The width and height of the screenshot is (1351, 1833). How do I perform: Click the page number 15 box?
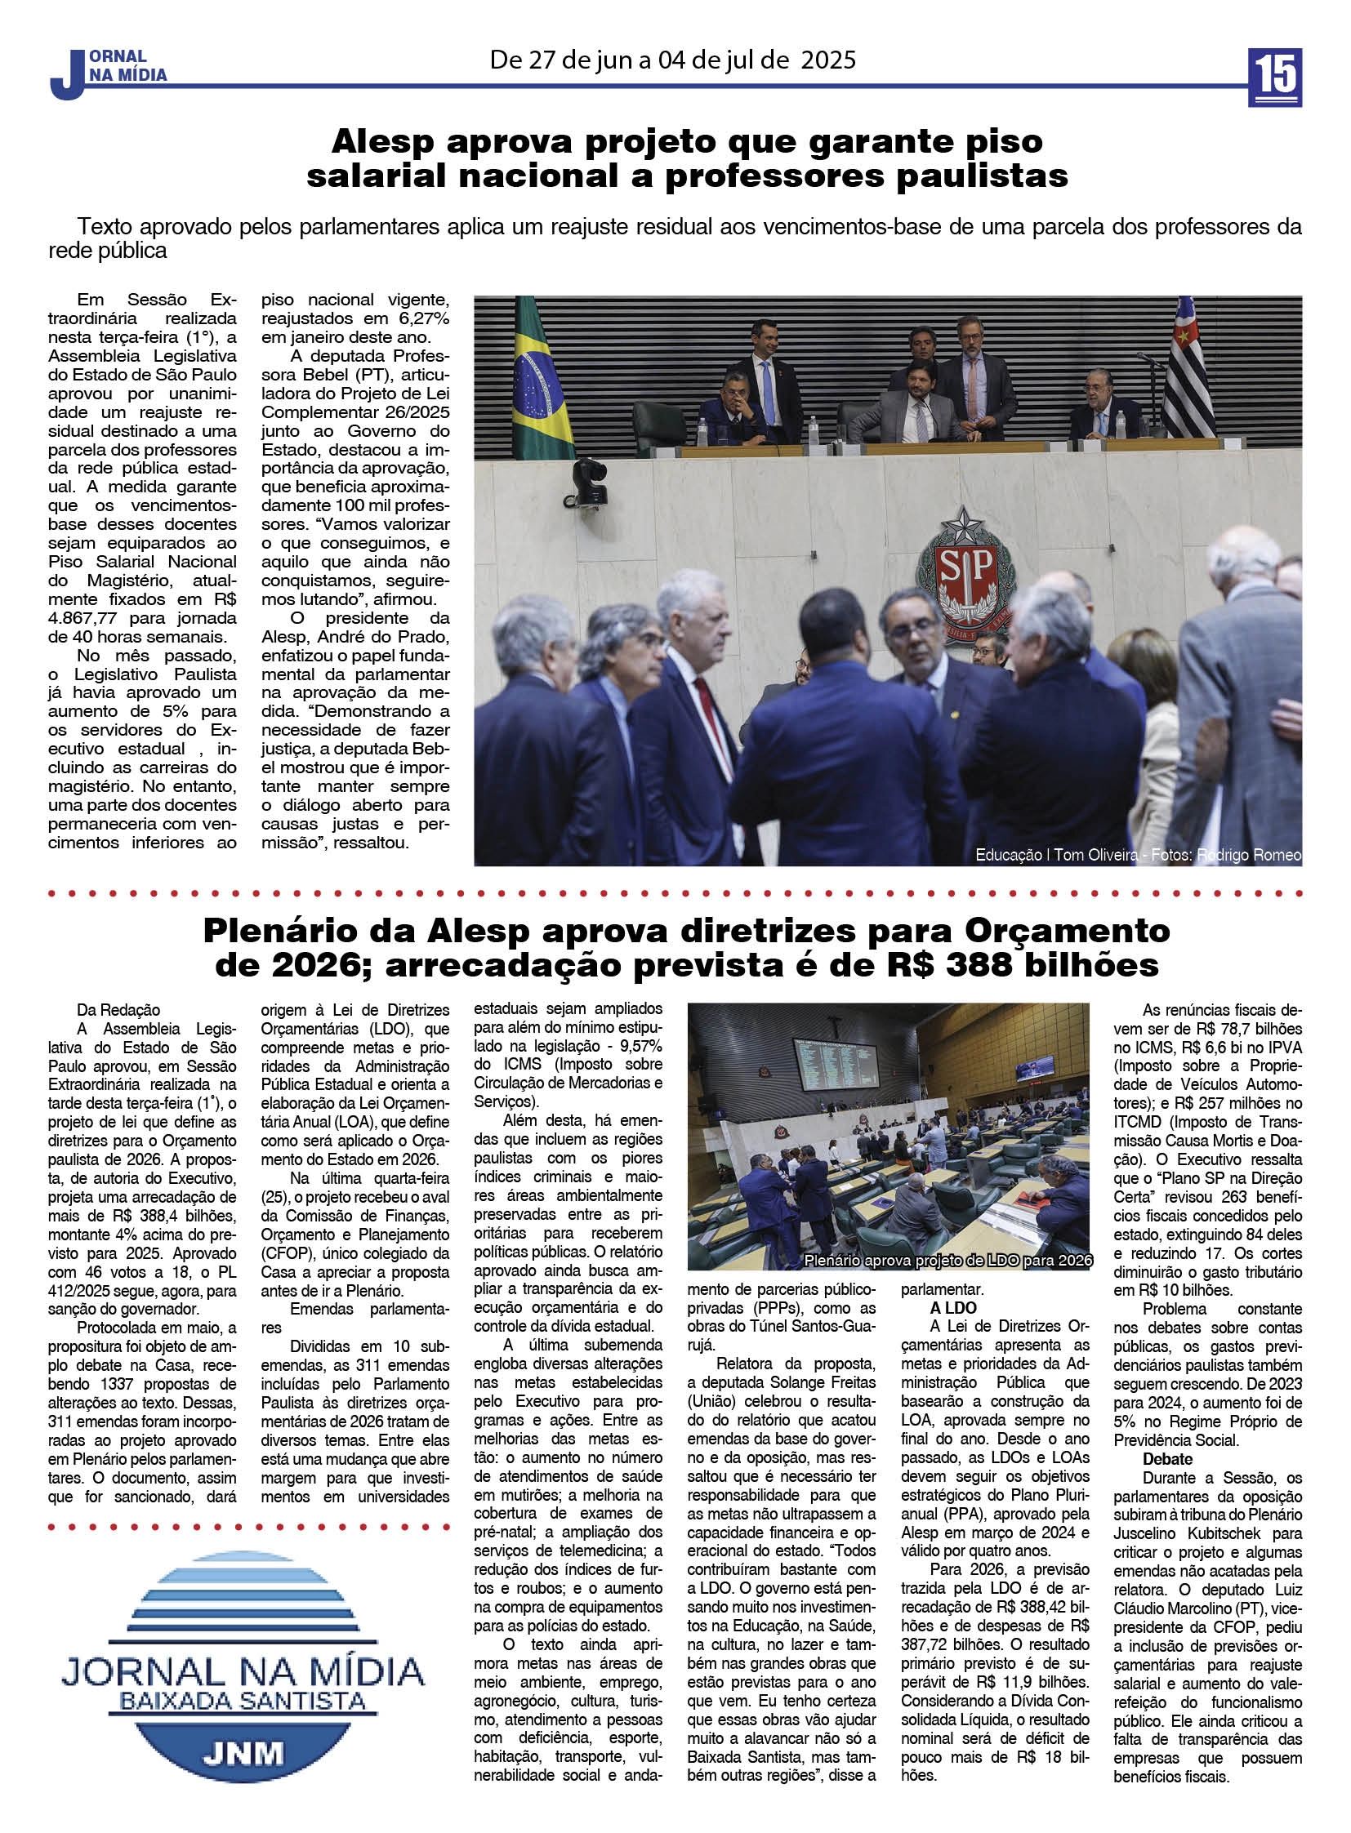click(1274, 77)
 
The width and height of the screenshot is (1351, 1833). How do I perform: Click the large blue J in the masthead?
click(68, 77)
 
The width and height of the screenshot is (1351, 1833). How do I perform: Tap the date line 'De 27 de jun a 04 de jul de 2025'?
click(672, 60)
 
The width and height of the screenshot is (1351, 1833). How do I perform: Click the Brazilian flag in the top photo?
click(540, 380)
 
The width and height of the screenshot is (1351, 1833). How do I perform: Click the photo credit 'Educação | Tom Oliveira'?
click(1055, 855)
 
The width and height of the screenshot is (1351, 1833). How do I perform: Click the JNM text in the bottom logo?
click(243, 1753)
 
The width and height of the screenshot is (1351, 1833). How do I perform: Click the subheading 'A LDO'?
click(952, 1308)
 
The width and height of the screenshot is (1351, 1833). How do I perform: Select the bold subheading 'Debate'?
click(1167, 1458)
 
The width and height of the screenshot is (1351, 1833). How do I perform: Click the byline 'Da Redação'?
click(118, 1010)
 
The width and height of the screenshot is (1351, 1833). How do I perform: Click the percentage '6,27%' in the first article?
click(423, 318)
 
